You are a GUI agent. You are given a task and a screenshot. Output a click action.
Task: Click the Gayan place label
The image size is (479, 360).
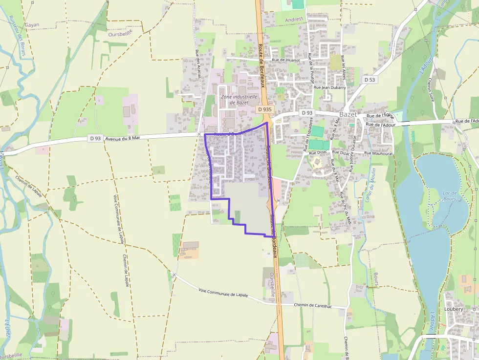[32, 25]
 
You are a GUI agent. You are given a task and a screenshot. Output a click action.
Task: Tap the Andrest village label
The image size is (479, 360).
[294, 19]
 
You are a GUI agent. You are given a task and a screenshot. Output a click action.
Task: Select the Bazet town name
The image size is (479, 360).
[348, 114]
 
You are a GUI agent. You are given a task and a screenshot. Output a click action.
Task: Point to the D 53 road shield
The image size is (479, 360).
[370, 79]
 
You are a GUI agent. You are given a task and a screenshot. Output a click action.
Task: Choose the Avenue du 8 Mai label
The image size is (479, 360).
[122, 138]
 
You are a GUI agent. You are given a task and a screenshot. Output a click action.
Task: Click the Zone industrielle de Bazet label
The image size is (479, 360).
[239, 100]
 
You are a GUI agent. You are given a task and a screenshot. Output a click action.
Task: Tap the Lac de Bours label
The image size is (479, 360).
[449, 196]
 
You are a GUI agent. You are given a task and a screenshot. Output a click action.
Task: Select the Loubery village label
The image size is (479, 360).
[454, 309]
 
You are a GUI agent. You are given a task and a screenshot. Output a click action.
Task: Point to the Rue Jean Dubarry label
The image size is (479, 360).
[329, 87]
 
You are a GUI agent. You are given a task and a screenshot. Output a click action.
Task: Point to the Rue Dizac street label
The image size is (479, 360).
[318, 152]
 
